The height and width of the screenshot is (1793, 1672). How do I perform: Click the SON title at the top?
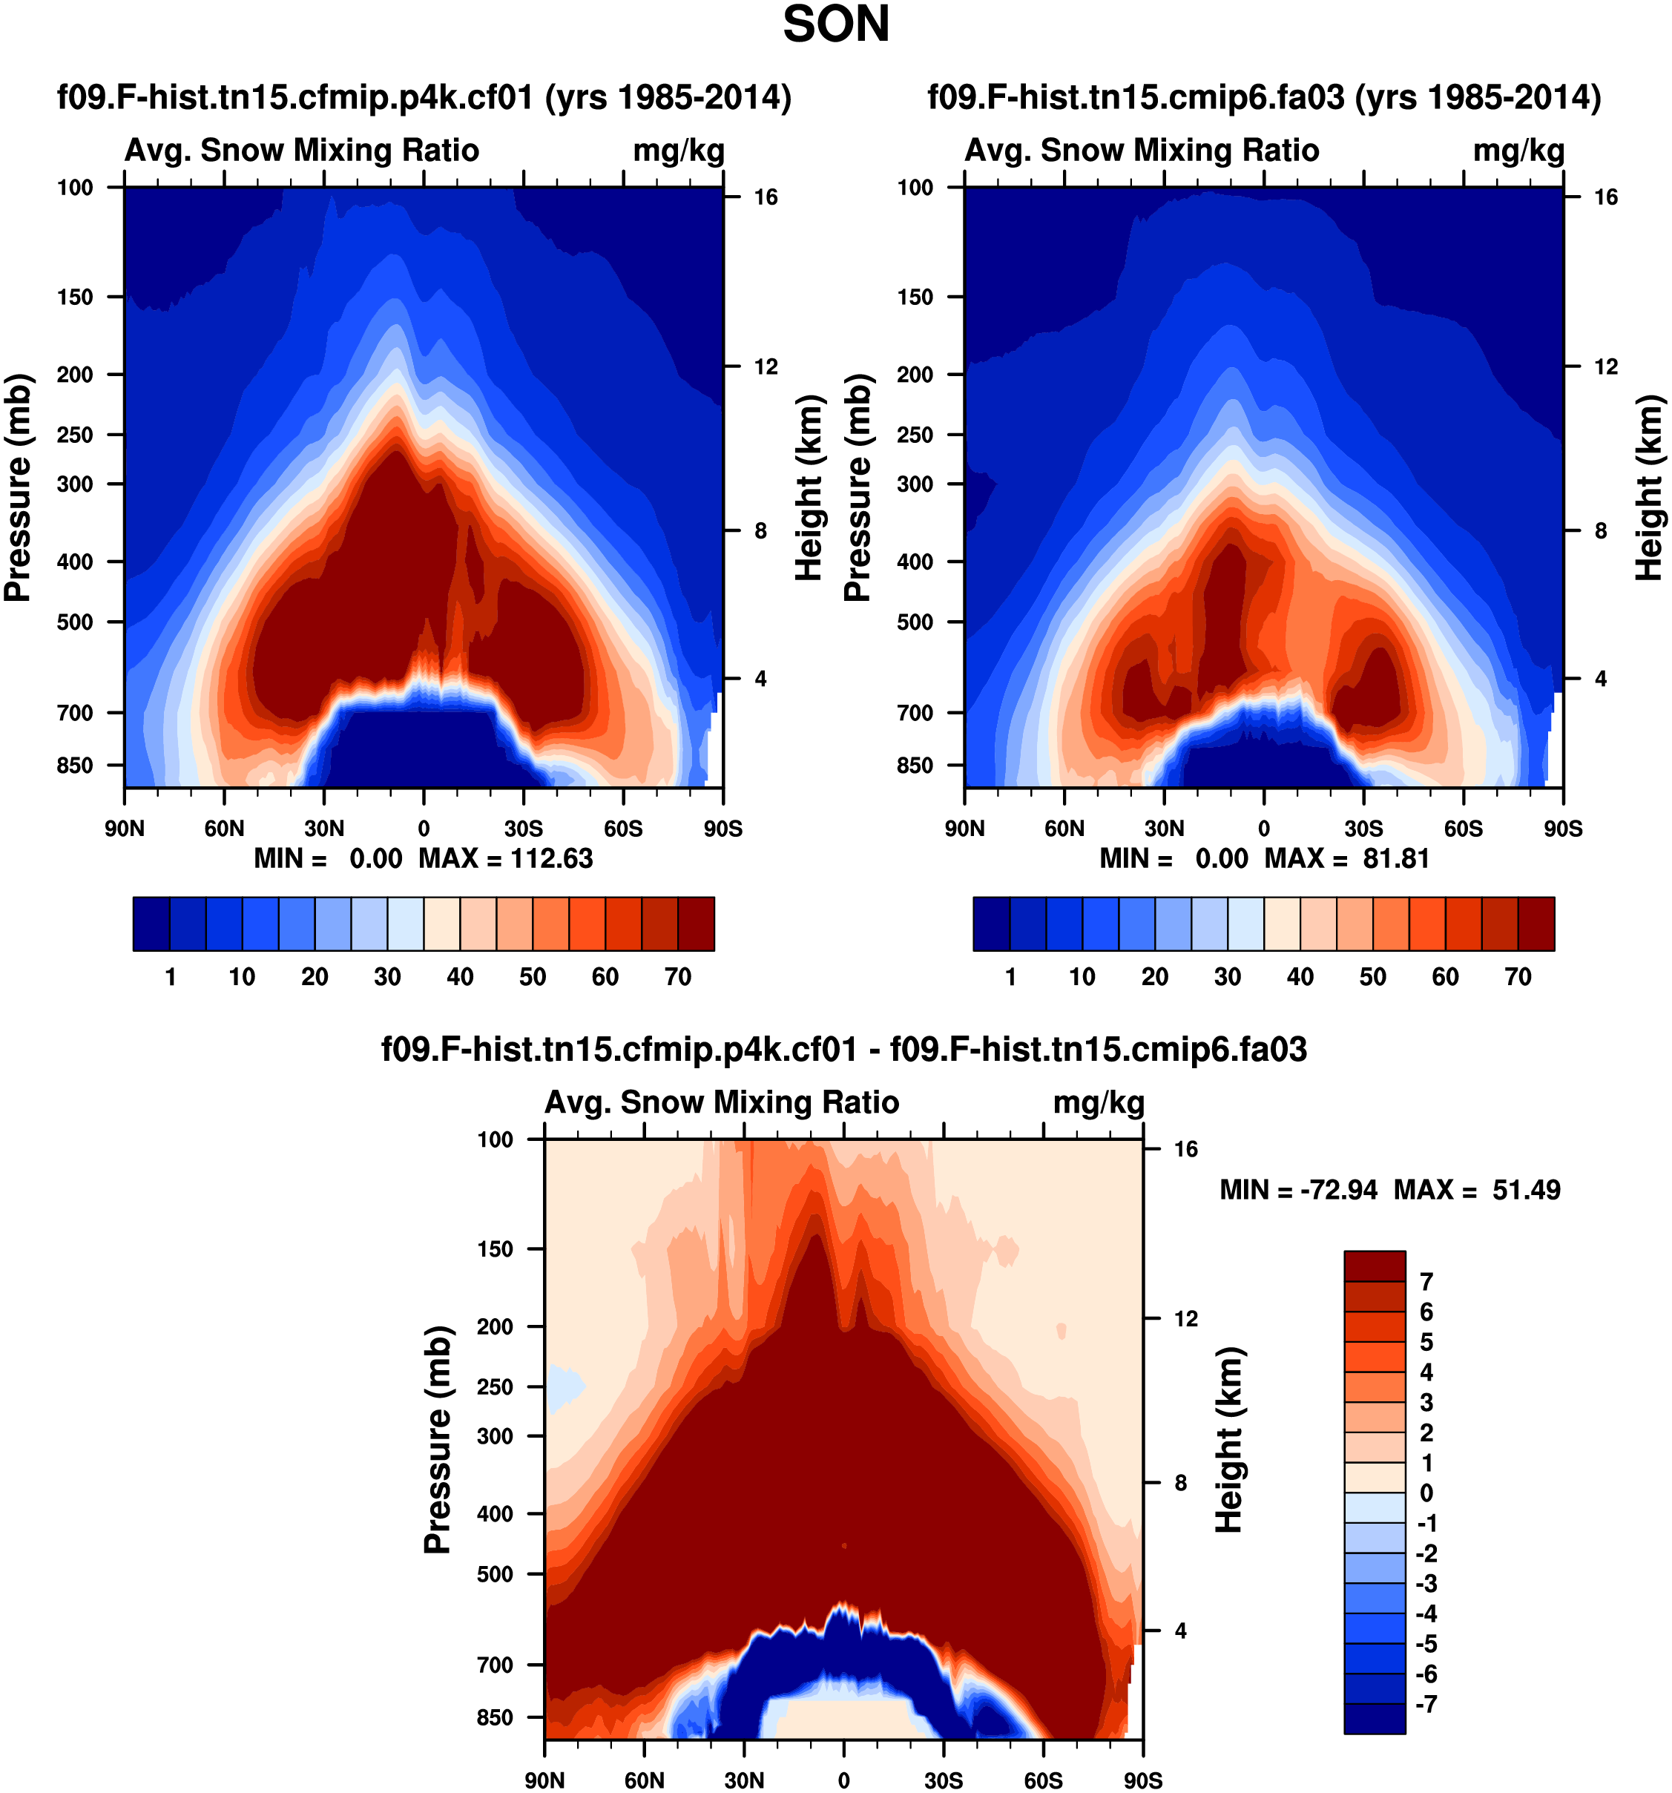click(x=835, y=25)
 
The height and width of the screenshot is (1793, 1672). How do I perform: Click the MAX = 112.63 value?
click(x=505, y=858)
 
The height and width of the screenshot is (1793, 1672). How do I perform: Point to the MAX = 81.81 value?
click(x=1346, y=858)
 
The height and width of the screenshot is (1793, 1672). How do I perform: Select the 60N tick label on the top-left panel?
click(x=224, y=828)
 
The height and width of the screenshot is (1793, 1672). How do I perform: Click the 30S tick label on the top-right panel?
click(x=1363, y=828)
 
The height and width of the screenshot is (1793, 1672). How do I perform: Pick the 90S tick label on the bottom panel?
click(x=1142, y=1780)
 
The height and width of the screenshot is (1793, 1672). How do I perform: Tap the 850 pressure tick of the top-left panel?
click(x=75, y=765)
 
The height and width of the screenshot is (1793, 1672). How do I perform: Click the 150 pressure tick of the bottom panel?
click(x=495, y=1249)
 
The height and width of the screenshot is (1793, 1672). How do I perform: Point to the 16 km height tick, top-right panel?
click(x=1605, y=197)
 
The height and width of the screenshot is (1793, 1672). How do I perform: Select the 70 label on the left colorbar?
click(x=677, y=977)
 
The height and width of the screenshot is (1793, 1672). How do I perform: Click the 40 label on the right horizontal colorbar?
click(x=1300, y=977)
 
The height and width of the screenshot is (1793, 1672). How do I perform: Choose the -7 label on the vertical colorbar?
click(x=1426, y=1704)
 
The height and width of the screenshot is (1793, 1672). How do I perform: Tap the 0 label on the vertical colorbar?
click(x=1426, y=1493)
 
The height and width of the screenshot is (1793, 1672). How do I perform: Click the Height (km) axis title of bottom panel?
click(x=1228, y=1439)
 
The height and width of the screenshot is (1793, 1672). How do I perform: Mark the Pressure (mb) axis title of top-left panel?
click(x=18, y=487)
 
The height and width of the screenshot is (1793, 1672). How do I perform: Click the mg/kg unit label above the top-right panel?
click(x=1518, y=151)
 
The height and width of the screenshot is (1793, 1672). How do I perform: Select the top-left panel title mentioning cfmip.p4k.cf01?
click(x=424, y=96)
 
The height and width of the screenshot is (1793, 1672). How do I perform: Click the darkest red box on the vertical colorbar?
click(x=1375, y=1266)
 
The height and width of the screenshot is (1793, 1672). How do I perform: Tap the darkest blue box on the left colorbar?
click(x=151, y=924)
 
